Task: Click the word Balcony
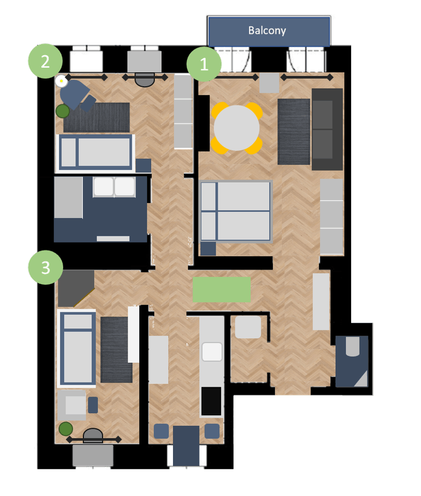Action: [x=267, y=31]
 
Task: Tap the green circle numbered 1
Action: [x=204, y=64]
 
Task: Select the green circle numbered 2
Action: [x=45, y=61]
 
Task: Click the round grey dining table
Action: [x=237, y=128]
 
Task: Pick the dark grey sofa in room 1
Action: [x=327, y=129]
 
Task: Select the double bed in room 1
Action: [x=236, y=211]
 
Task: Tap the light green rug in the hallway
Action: [x=221, y=289]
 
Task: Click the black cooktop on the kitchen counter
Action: [x=211, y=401]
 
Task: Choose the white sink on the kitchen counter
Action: [x=212, y=352]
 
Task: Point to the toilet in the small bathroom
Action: [x=353, y=347]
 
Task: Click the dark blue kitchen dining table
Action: [x=186, y=445]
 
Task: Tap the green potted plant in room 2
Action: [x=63, y=111]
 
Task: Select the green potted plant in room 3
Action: [x=66, y=429]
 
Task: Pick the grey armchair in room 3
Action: [x=72, y=405]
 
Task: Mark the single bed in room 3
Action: [x=77, y=348]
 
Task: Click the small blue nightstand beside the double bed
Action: [x=208, y=248]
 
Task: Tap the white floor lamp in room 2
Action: [x=61, y=81]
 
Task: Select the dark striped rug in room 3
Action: [x=116, y=349]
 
